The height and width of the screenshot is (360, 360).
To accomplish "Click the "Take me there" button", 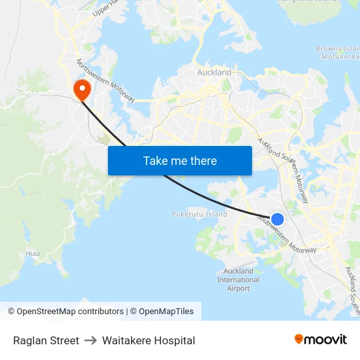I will [x=179, y=160].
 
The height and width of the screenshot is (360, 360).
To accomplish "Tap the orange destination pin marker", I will [x=82, y=90].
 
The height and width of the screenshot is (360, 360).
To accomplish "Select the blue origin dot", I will [x=278, y=219].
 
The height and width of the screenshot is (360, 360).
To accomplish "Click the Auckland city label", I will [x=214, y=72].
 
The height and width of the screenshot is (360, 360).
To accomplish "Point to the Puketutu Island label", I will [x=199, y=214].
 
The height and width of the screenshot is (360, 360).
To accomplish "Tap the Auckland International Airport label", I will [x=238, y=279].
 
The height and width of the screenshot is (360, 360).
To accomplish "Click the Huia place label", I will [x=33, y=253].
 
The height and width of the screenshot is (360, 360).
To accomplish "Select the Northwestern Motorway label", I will [x=105, y=81].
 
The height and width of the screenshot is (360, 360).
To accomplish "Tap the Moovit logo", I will [x=321, y=340].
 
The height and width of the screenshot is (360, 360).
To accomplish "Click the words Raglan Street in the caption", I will [x=46, y=340].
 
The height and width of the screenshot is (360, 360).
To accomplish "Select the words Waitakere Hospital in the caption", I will [x=149, y=340].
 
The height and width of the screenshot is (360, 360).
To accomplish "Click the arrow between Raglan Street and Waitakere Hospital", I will [x=90, y=340].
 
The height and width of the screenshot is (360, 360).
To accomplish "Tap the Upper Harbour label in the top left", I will [x=105, y=8].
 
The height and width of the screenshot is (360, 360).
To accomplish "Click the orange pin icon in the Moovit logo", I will [x=299, y=339].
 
